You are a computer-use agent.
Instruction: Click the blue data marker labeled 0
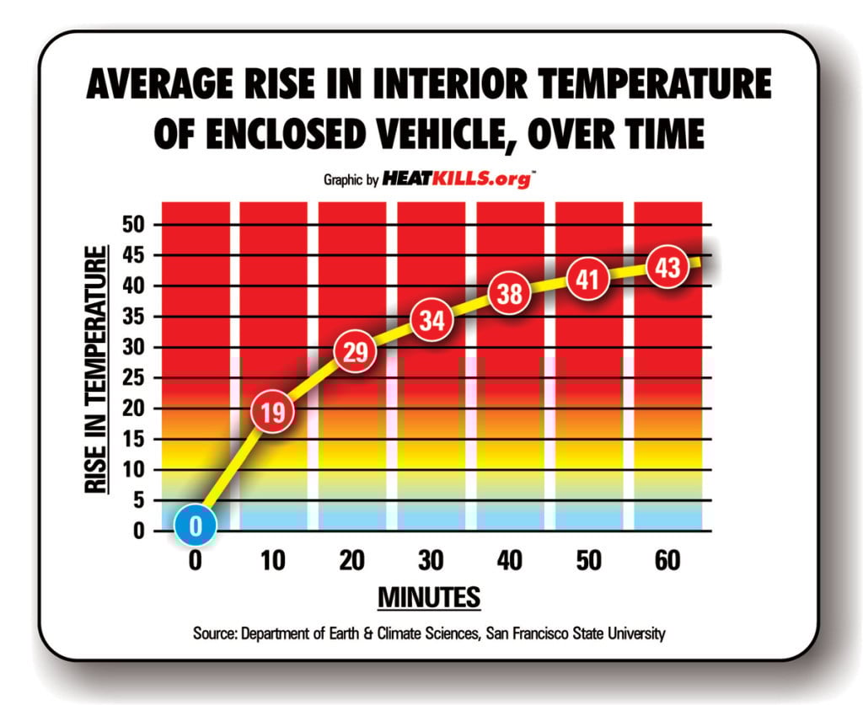pyautogui.click(x=196, y=526)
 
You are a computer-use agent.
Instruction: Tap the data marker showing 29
pyautogui.click(x=356, y=352)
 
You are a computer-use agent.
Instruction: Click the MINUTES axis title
pyautogui.click(x=429, y=597)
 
